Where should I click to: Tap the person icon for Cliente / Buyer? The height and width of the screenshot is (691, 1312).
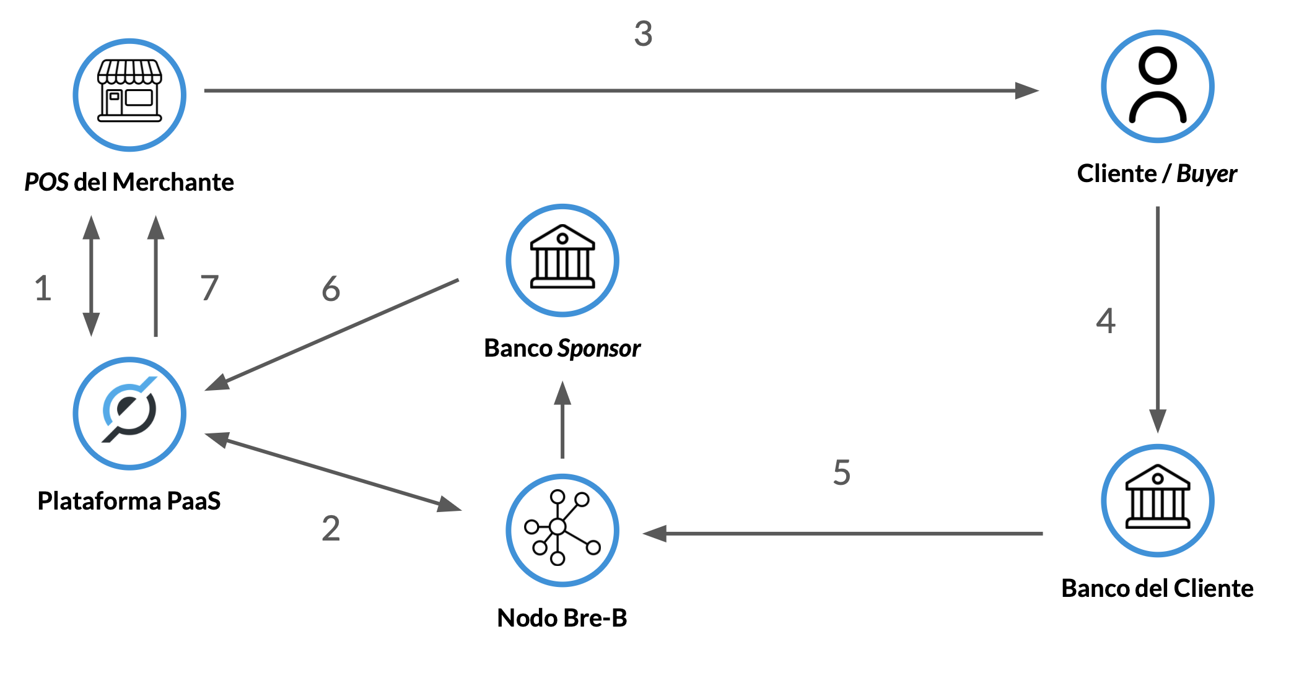pos(1157,86)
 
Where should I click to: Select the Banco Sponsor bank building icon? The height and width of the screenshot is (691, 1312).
pos(562,259)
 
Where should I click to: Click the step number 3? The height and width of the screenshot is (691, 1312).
pos(643,33)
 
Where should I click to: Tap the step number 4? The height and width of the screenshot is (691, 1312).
pos(1106,321)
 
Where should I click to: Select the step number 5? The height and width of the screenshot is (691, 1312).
pos(841,472)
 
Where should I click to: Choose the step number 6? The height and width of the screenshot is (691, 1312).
pos(331,289)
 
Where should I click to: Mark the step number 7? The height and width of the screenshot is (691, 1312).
pos(209,288)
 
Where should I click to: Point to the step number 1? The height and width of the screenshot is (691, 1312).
pos(43,289)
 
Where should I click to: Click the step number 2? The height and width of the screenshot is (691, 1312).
pos(331,528)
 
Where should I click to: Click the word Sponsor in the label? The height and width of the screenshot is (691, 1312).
pos(599,349)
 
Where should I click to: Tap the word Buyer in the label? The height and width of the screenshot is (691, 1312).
pos(1206,174)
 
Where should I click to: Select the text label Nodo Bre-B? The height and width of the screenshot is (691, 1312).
pos(562,618)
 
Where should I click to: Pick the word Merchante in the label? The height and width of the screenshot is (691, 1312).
pos(173,182)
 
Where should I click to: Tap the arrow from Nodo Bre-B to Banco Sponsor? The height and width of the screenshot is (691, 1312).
pos(562,421)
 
